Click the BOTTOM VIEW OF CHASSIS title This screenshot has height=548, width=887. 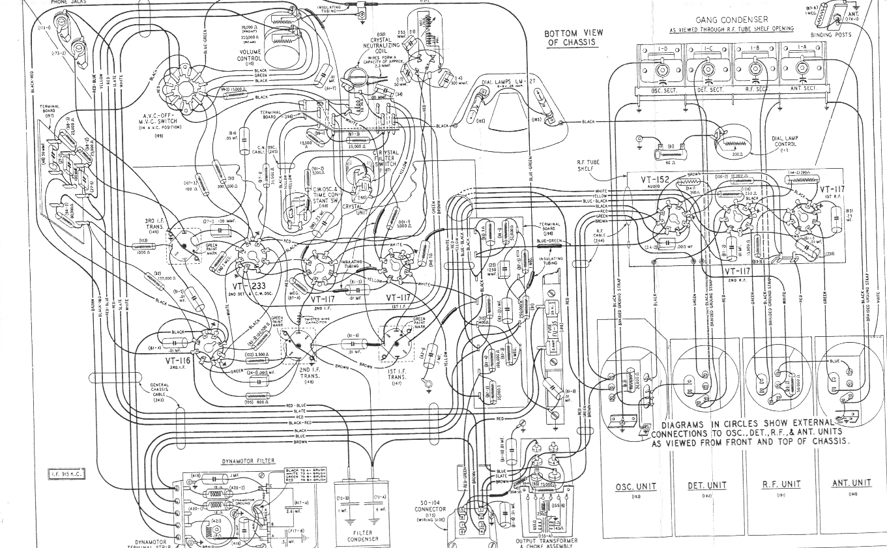click(574, 38)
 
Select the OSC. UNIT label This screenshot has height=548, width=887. click(635, 487)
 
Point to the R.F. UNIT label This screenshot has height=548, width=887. click(781, 484)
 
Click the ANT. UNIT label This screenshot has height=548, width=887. click(851, 483)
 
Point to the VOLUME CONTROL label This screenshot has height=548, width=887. click(250, 55)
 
